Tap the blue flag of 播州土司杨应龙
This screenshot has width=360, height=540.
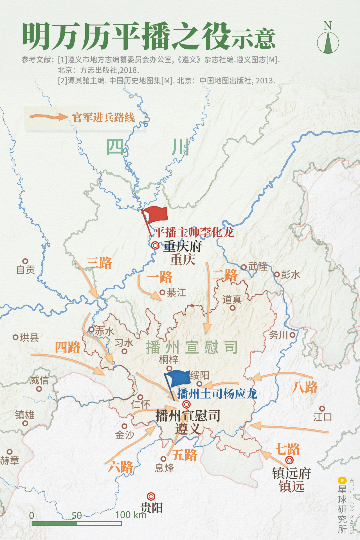[178, 378]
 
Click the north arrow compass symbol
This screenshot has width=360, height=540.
[328, 42]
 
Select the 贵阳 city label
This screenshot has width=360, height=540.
[152, 508]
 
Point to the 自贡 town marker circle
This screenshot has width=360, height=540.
[25, 261]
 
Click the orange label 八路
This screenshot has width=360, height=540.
[305, 387]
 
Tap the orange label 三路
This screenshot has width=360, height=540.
[99, 263]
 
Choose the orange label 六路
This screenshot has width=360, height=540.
[120, 467]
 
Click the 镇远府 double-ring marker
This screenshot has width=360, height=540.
[289, 460]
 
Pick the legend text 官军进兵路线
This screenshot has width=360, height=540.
[104, 117]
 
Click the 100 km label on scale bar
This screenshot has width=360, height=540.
[131, 515]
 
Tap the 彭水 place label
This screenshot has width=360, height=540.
[290, 275]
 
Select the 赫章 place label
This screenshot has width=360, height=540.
[10, 460]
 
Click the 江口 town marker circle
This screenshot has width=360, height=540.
[322, 409]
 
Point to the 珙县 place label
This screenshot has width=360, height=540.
[29, 337]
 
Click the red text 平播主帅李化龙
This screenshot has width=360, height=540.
[194, 232]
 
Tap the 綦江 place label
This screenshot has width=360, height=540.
[176, 293]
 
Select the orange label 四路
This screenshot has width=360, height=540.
[68, 347]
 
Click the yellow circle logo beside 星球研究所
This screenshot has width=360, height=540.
[342, 480]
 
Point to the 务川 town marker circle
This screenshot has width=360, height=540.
[292, 335]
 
